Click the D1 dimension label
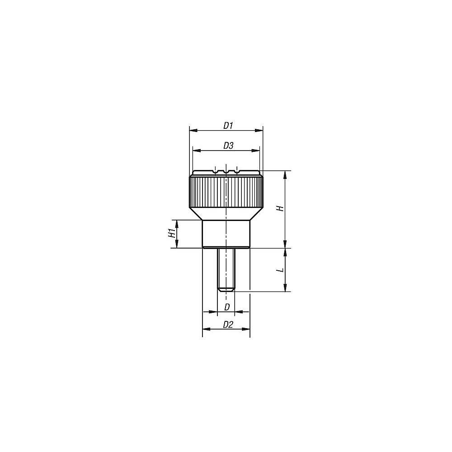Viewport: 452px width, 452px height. (x=228, y=125)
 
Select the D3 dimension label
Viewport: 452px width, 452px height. (x=228, y=146)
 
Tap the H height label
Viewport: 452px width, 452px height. (x=280, y=208)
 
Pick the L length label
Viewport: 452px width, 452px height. (x=280, y=269)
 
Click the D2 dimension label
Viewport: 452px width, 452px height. (x=228, y=324)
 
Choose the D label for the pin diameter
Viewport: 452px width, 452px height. (x=227, y=307)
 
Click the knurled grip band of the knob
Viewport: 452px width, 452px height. (x=226, y=191)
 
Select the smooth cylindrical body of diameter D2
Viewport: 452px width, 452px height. (x=226, y=233)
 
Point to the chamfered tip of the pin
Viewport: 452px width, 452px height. (x=226, y=289)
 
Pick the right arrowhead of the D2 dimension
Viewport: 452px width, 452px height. (x=246, y=329)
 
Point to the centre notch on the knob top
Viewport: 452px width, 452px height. (x=226, y=172)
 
